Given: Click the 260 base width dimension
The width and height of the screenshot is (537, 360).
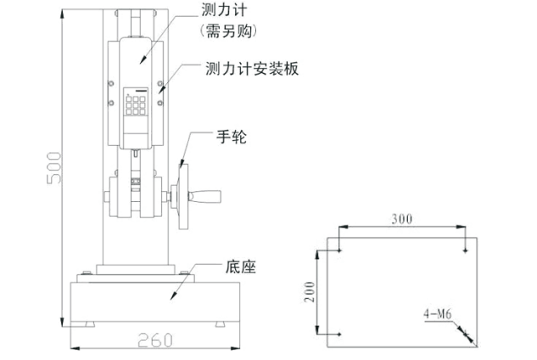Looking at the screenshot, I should pos(155,340).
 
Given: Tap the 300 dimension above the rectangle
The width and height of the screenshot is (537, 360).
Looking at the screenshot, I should pos(402,219).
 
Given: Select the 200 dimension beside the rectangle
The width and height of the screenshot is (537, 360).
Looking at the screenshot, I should pos(311,292).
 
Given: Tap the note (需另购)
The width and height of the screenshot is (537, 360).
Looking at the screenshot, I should pos(228,31).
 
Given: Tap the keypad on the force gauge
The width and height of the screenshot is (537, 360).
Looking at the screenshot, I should pos(137,104).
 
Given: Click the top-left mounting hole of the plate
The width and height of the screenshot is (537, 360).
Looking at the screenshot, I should pos(338,250).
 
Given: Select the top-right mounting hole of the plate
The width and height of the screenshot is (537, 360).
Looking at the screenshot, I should pos(466,250).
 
